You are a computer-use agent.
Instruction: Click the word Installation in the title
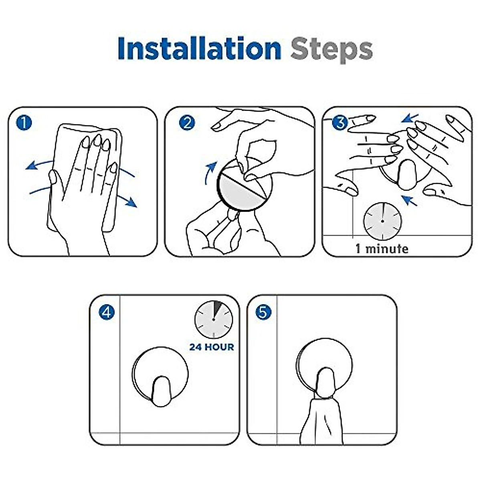point(200,48)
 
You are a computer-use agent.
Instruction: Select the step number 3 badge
point(340,123)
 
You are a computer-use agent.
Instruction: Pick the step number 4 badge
point(107,312)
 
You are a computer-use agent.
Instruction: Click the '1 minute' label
point(382,249)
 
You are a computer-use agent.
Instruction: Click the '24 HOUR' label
point(212,347)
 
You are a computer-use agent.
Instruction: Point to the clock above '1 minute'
point(382,221)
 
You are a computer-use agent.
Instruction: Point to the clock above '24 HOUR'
point(214,319)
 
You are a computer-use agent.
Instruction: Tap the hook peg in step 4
point(161,391)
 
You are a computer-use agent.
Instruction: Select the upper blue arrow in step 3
point(410,118)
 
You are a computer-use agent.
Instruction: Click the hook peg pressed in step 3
point(407,175)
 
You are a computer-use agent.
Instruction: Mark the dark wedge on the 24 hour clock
point(216,308)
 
